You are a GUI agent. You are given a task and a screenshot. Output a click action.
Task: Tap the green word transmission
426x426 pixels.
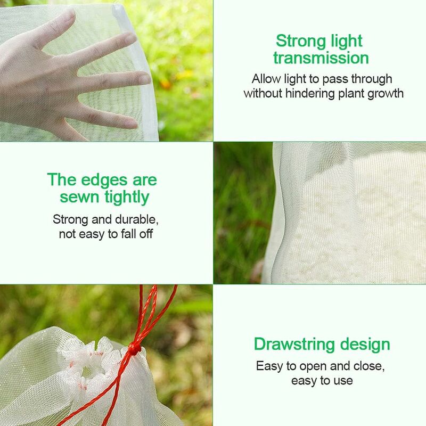tap(321, 58)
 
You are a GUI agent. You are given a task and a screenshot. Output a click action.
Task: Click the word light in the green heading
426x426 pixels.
tap(346, 41)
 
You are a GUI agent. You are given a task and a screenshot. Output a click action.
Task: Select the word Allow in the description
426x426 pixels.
tap(266, 79)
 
